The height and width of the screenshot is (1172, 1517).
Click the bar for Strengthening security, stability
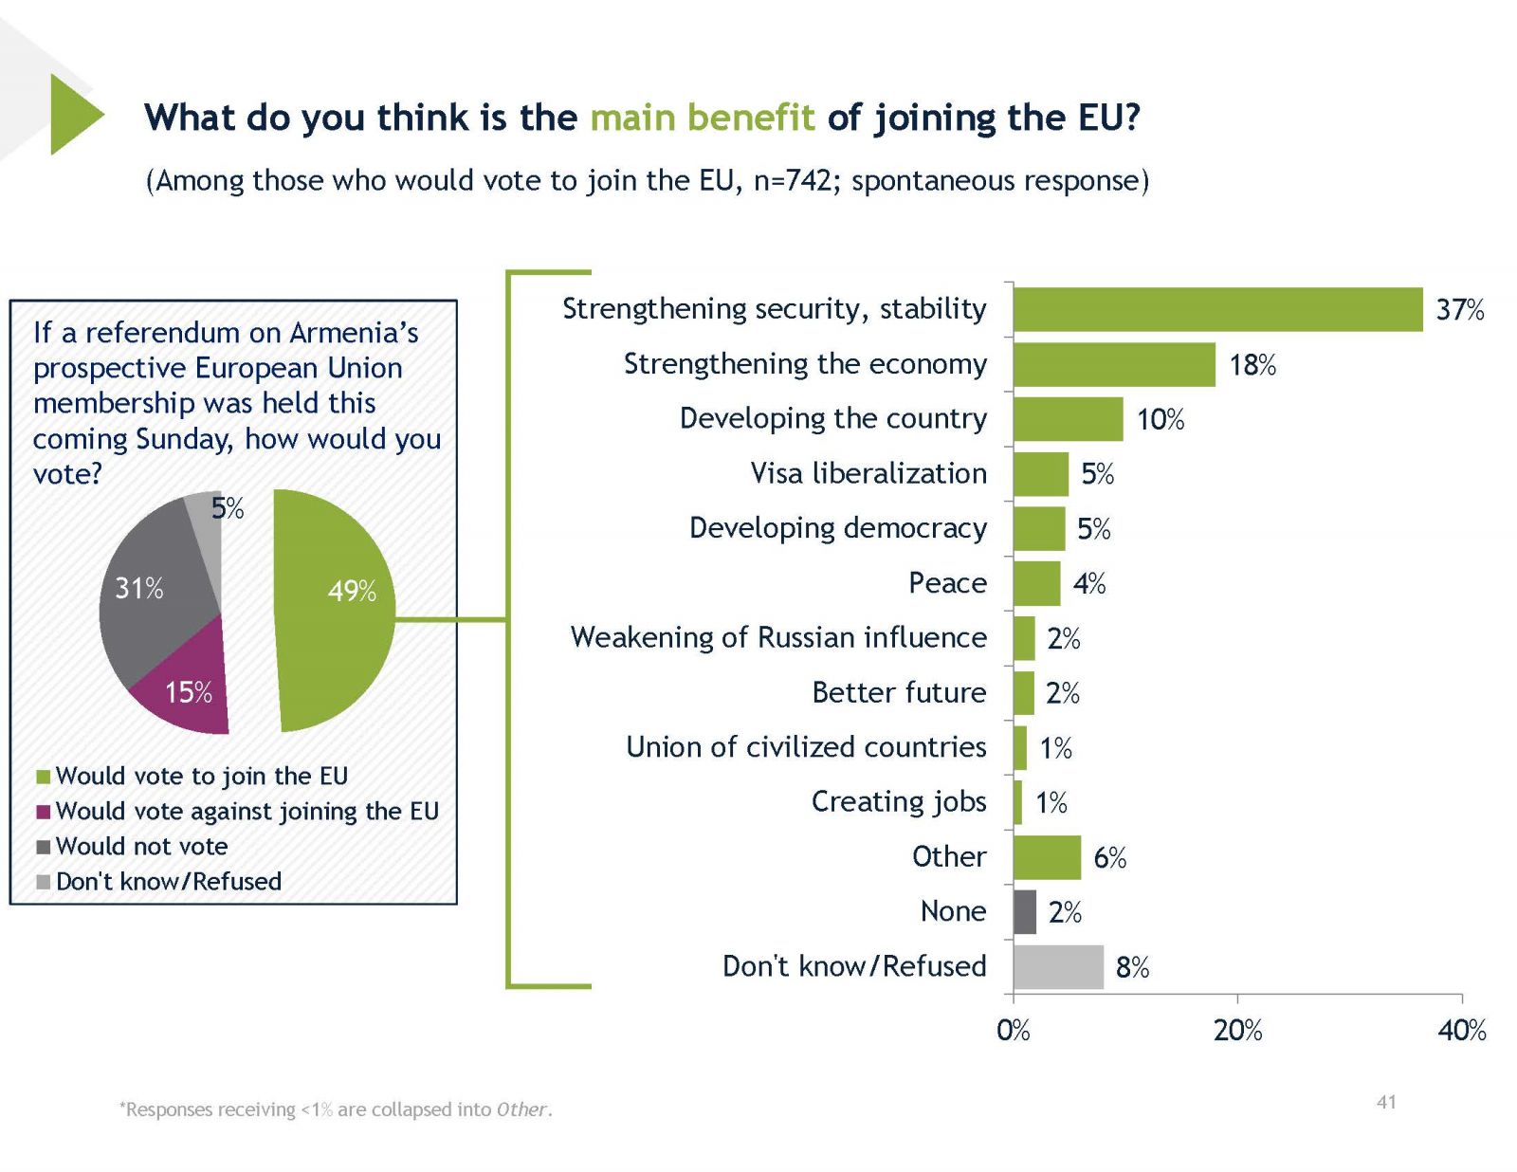[1217, 309]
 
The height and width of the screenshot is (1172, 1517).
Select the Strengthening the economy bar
[1114, 364]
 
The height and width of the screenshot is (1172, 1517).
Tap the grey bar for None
[1025, 912]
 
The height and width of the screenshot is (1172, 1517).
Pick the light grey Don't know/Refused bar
[1058, 967]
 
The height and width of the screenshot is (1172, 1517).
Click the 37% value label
[1459, 310]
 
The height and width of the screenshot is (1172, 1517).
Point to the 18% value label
[1252, 365]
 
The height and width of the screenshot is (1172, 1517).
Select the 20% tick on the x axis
[1237, 1031]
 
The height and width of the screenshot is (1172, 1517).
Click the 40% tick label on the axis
[1461, 1031]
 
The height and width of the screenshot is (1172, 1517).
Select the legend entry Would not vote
[141, 846]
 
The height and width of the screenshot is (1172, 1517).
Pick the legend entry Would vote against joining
[247, 811]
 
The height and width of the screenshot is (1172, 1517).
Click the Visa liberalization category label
[868, 473]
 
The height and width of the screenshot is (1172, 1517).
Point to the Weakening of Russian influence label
[778, 637]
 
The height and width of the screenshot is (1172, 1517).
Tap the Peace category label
[947, 583]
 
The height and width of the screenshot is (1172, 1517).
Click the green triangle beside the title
[73, 115]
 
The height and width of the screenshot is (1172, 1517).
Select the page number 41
[1386, 1102]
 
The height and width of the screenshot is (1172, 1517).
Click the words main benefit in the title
[702, 118]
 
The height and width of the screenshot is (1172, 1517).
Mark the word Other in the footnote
[521, 1109]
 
